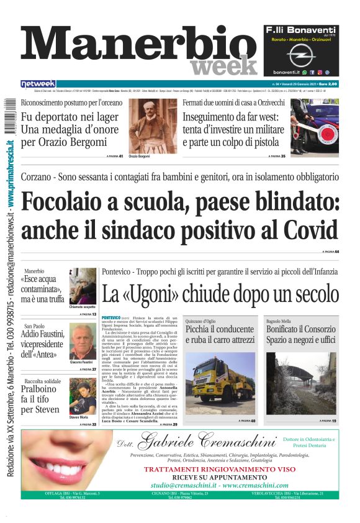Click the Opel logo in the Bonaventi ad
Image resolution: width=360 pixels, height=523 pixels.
(301, 56)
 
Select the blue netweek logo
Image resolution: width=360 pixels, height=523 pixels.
(38, 83)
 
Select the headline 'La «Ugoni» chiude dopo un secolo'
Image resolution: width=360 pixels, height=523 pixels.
(220, 293)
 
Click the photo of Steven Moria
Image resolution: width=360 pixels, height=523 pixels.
(82, 396)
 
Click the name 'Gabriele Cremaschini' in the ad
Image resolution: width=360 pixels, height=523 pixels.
(206, 442)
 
